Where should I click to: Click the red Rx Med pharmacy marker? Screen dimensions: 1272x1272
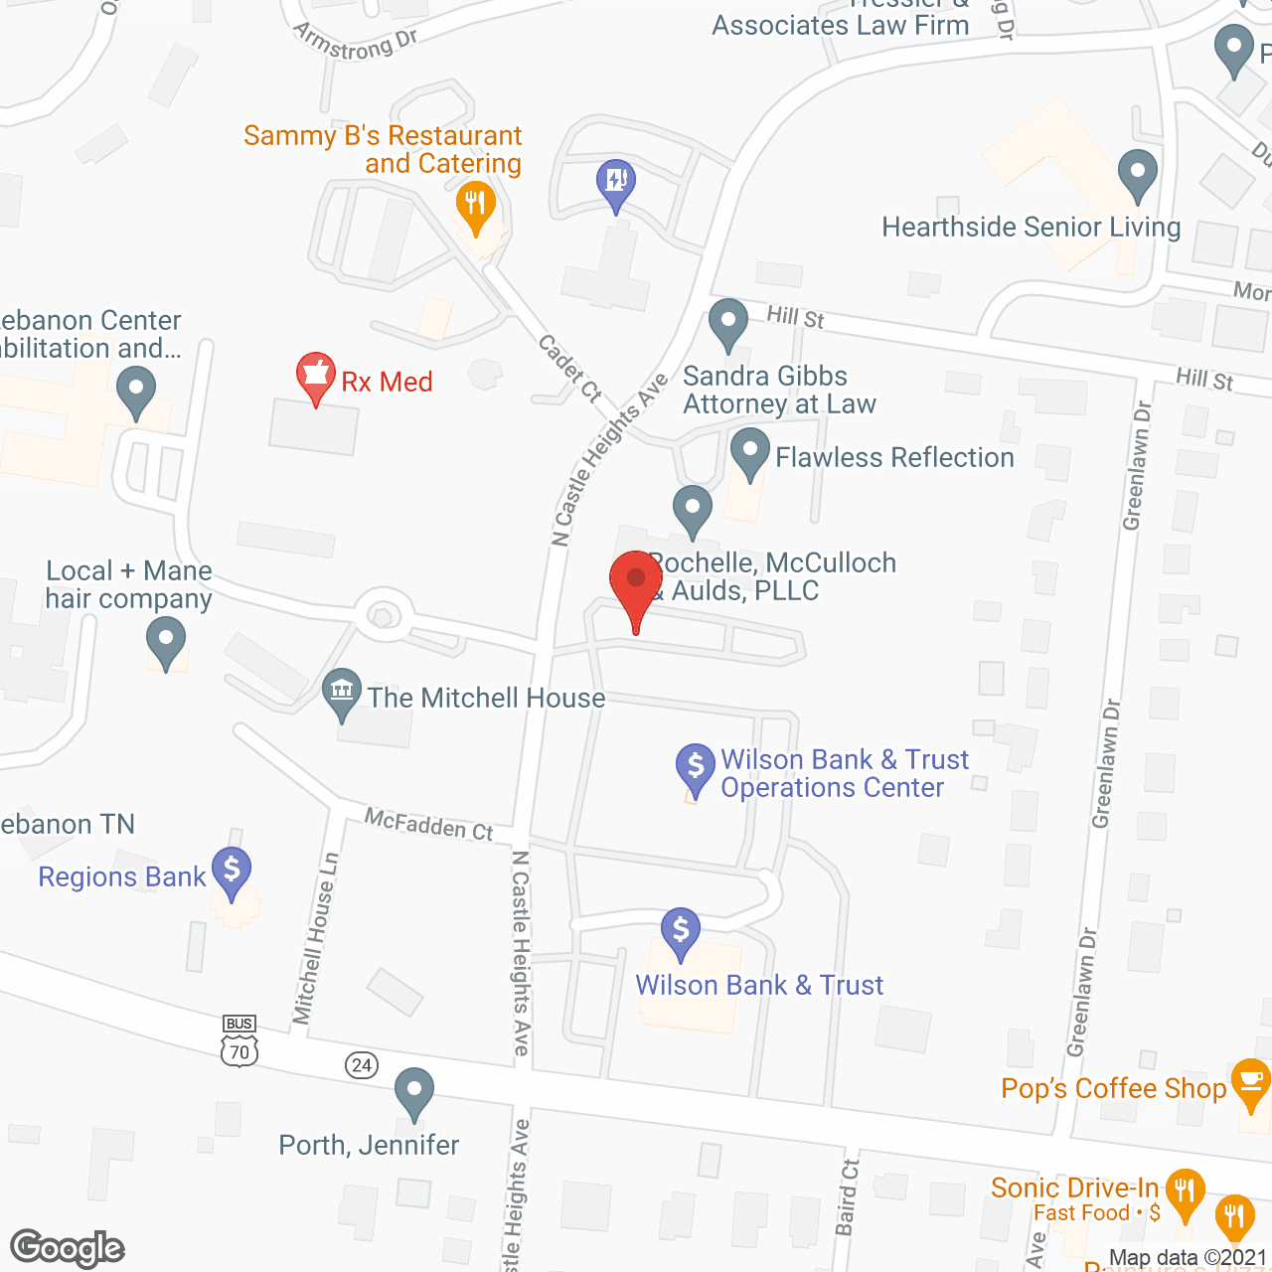point(315,376)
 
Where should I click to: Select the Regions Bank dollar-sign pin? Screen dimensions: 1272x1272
point(232,871)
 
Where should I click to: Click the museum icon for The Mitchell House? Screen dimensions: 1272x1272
point(342,690)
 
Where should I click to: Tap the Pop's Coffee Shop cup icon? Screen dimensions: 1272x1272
point(1250,1082)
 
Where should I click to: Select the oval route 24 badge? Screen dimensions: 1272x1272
point(362,1065)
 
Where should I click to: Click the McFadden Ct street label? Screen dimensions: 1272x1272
point(428,824)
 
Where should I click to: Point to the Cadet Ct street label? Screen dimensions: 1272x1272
point(570,368)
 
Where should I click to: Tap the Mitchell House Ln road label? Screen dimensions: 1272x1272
point(316,937)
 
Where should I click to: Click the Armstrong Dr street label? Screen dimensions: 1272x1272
point(355,42)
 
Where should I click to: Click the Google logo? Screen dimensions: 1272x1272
point(68,1248)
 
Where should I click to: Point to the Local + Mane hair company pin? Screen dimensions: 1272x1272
point(166,640)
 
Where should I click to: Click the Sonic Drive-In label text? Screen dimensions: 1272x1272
point(1074,1188)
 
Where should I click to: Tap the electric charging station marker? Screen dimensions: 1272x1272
point(616,182)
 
